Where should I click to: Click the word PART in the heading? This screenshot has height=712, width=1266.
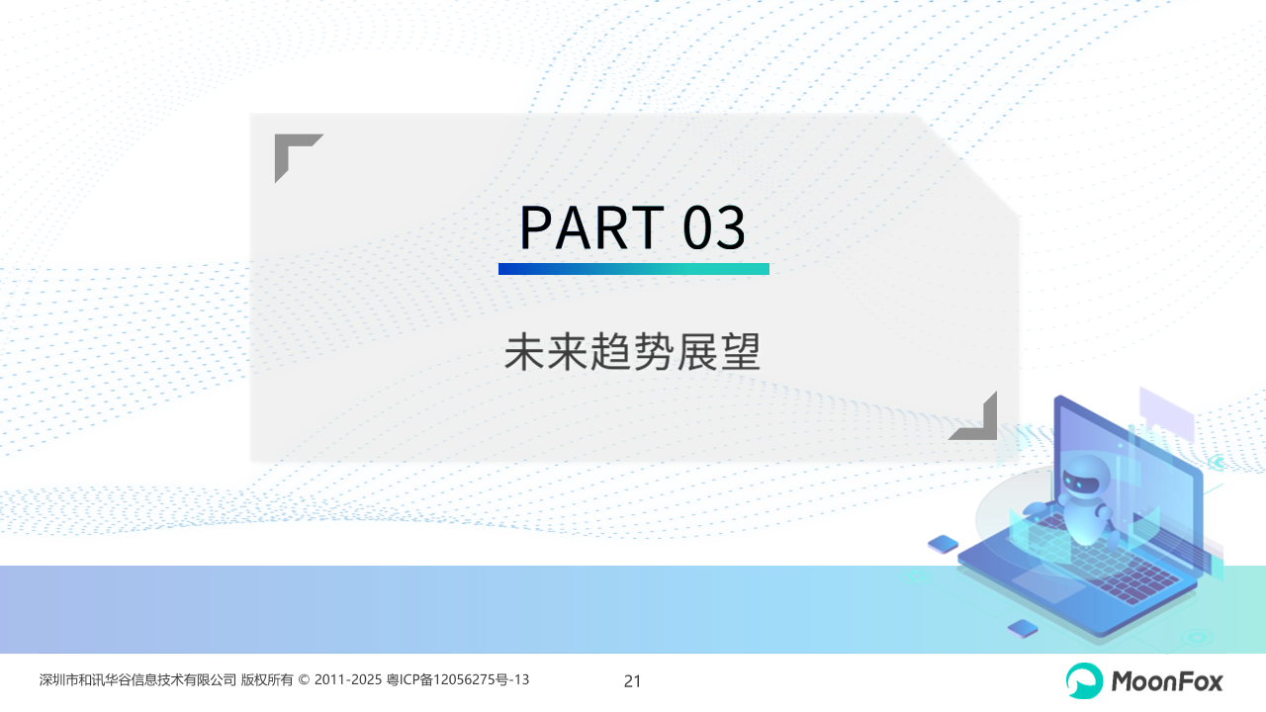click(591, 227)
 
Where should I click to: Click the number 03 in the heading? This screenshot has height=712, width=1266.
click(714, 227)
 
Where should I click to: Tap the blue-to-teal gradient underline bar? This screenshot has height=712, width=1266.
click(634, 269)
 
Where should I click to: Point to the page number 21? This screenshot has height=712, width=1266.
click(632, 681)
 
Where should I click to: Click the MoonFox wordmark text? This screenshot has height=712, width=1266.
click(1167, 681)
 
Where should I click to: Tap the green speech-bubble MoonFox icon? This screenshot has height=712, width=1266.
click(1084, 680)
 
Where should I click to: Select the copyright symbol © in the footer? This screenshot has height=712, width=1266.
click(304, 679)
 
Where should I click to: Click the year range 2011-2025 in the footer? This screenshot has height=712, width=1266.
click(348, 679)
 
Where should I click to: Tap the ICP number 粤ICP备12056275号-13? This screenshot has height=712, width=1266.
click(458, 679)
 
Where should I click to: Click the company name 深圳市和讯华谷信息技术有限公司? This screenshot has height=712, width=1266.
click(137, 679)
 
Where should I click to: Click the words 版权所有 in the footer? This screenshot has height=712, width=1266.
click(267, 679)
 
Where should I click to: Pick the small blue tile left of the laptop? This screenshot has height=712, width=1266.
click(943, 544)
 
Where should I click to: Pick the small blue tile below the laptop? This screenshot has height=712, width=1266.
click(1023, 628)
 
